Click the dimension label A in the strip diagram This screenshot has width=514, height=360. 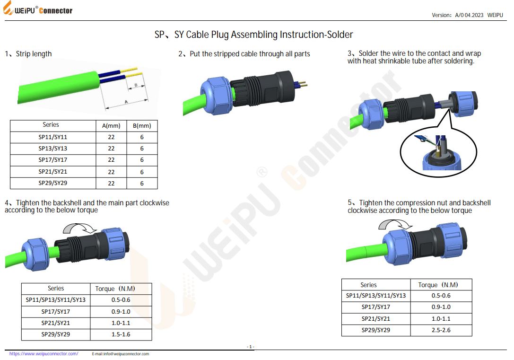126,102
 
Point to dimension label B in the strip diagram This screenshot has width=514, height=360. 136,85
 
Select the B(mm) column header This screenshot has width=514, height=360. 142,126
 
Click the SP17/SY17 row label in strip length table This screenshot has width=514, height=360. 52,160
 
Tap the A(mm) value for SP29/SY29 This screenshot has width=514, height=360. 111,184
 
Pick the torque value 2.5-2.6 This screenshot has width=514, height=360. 441,330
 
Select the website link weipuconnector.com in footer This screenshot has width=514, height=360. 44,354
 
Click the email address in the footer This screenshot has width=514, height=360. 120,354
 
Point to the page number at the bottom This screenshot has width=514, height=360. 251,347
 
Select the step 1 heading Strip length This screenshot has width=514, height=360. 34,54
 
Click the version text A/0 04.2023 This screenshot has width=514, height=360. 469,15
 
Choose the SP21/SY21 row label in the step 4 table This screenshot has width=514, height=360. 55,323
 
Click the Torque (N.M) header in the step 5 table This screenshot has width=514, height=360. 438,285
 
